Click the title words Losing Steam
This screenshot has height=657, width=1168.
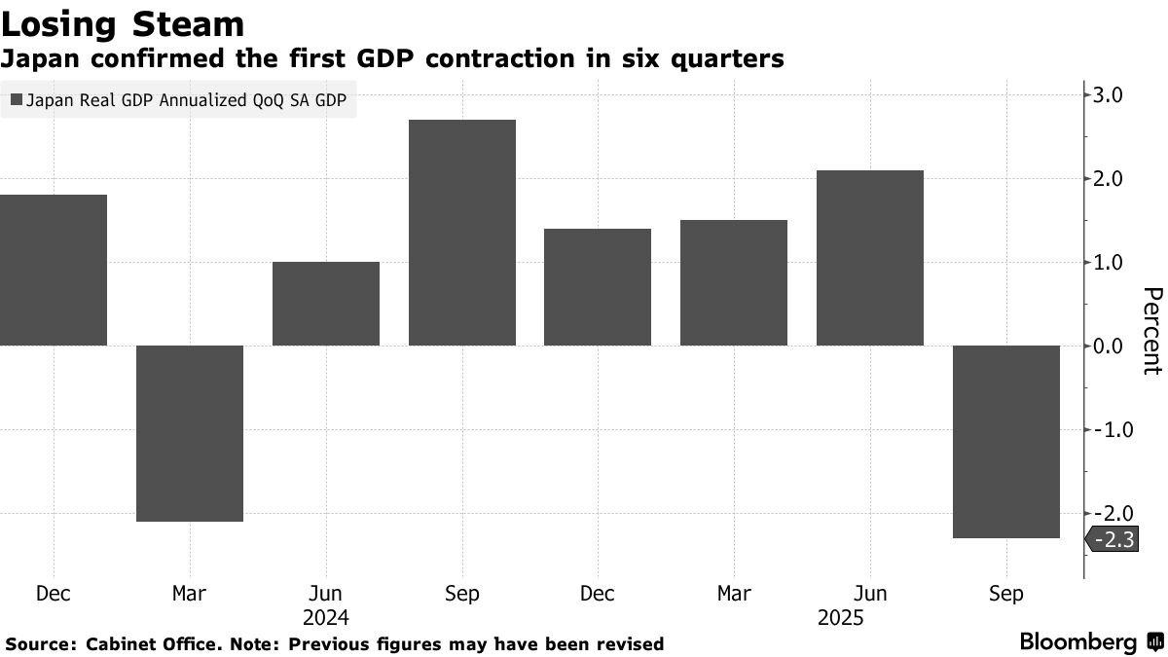pyautogui.click(x=123, y=23)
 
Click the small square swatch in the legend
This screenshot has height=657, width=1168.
pyautogui.click(x=16, y=98)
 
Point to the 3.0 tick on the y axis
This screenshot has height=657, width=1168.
pyautogui.click(x=1109, y=95)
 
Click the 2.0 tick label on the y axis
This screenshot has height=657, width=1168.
pyautogui.click(x=1109, y=179)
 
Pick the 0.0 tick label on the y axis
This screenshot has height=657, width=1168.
pyautogui.click(x=1109, y=346)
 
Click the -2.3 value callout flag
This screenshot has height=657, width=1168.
pyautogui.click(x=1111, y=539)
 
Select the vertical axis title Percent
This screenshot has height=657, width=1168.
pyautogui.click(x=1151, y=331)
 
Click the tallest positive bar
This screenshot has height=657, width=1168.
pyautogui.click(x=461, y=233)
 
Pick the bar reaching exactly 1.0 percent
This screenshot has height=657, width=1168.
pyautogui.click(x=325, y=304)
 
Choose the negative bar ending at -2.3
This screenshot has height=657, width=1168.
pyautogui.click(x=1006, y=441)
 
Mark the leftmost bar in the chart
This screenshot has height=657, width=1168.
pyautogui.click(x=54, y=270)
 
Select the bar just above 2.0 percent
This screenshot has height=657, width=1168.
pyautogui.click(x=870, y=258)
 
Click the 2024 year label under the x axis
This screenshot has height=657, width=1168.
pyautogui.click(x=325, y=618)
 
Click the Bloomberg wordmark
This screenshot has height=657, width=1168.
pyautogui.click(x=1078, y=642)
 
